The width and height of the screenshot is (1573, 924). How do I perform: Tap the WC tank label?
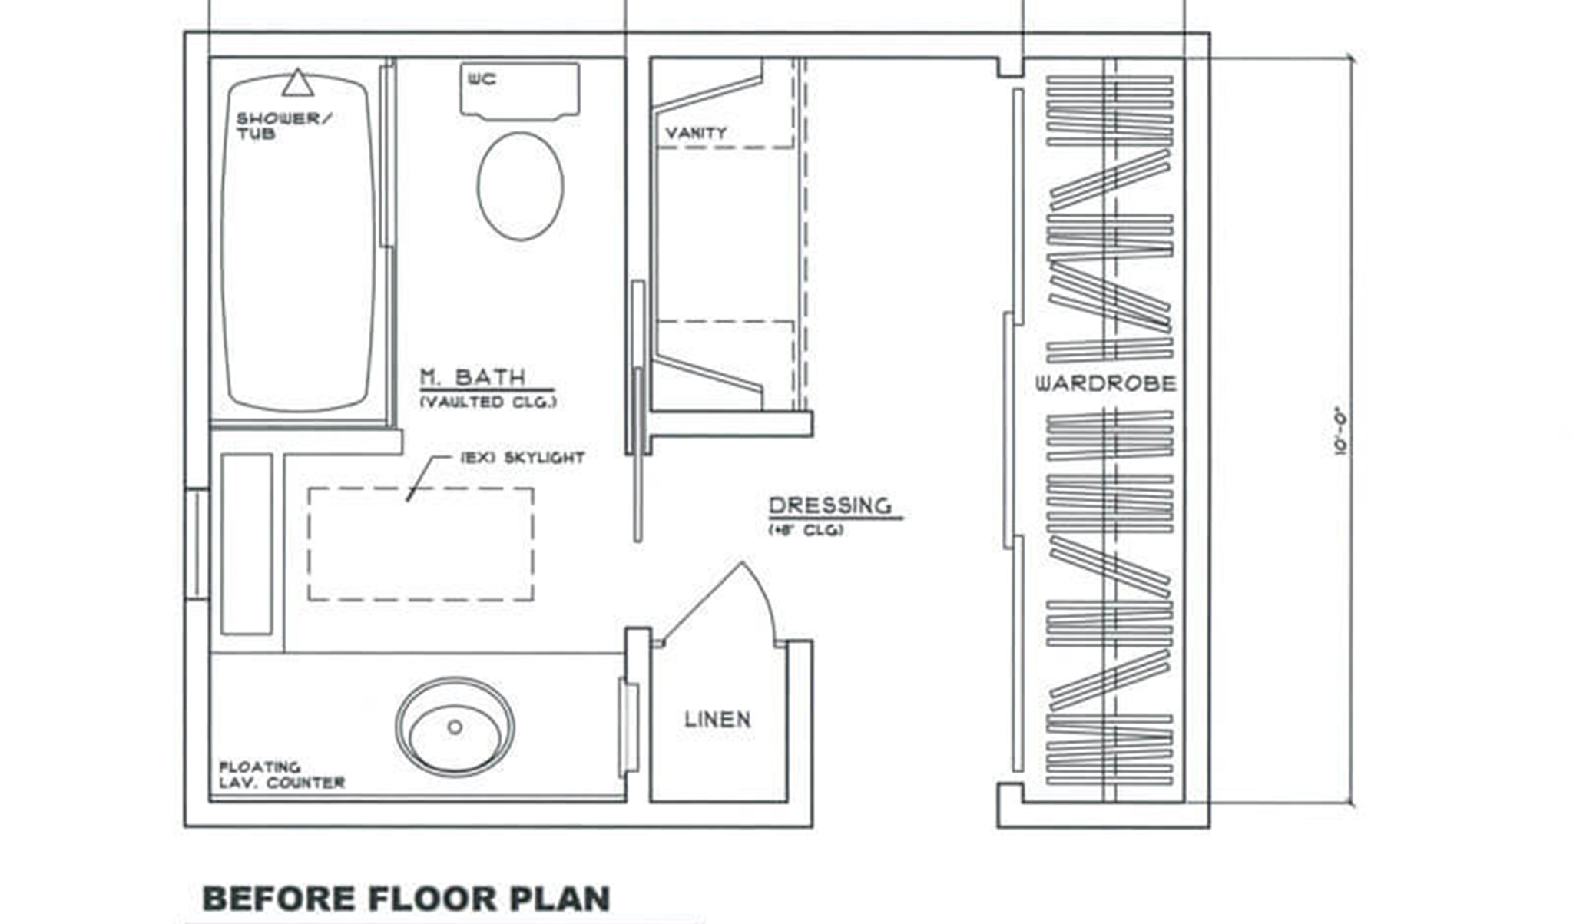click(482, 78)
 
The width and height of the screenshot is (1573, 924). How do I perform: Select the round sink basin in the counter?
click(455, 727)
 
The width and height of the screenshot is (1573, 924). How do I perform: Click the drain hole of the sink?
click(455, 727)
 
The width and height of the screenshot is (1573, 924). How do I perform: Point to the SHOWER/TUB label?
click(283, 126)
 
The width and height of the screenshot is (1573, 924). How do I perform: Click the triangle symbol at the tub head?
click(297, 83)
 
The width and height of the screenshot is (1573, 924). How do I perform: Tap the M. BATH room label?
click(472, 377)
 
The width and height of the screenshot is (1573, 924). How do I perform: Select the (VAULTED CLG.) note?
click(488, 402)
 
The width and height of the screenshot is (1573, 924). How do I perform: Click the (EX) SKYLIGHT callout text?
click(522, 458)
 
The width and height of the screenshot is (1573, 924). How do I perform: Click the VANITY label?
click(696, 133)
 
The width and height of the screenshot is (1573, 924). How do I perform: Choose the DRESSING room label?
click(830, 505)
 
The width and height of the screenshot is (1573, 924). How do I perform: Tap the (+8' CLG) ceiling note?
click(806, 530)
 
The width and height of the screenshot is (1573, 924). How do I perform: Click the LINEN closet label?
click(717, 719)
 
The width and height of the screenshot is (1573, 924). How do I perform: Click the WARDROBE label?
click(1105, 383)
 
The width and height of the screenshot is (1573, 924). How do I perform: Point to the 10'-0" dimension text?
click(1342, 430)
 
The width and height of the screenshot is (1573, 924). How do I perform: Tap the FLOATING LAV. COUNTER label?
click(282, 775)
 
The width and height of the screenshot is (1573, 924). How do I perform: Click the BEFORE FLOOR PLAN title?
click(406, 899)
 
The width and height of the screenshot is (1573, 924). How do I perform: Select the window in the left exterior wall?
click(197, 544)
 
